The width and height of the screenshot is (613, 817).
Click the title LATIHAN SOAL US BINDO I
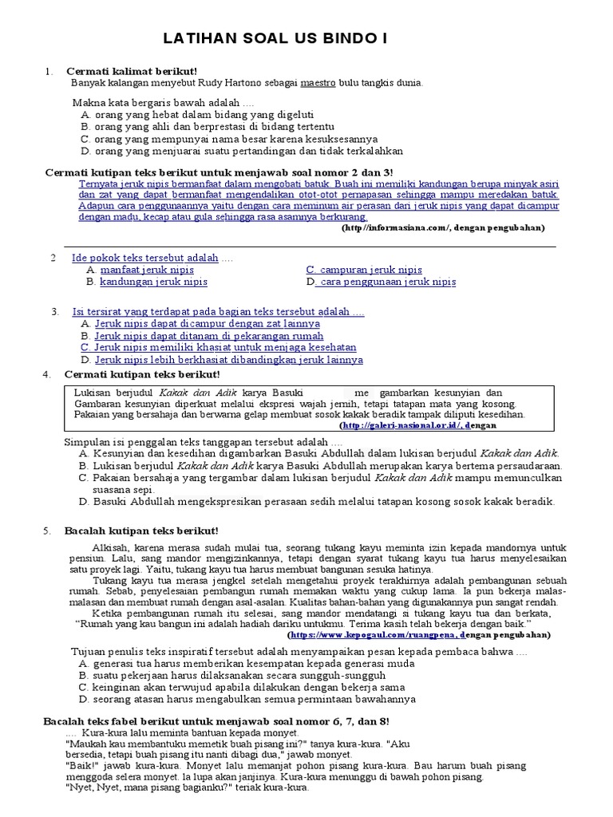pos(307,38)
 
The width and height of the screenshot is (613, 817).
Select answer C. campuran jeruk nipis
pos(364,270)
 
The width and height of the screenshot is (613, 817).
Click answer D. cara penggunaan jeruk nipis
pos(381,282)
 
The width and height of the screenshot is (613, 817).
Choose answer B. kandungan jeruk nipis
pos(140,282)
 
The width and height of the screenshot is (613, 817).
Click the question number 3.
pos(54,311)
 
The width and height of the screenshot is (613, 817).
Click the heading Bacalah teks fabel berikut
pos(216,721)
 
